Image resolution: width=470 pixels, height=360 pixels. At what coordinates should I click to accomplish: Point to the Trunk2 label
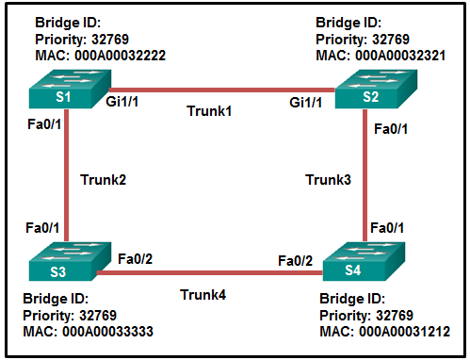coord(103,179)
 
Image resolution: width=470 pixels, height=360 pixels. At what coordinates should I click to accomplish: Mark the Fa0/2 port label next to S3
coord(135,257)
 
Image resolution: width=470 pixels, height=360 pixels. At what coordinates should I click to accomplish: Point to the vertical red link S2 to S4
coord(365,179)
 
